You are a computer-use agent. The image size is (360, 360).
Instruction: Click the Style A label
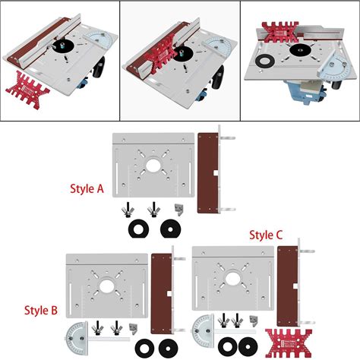click(x=87, y=189)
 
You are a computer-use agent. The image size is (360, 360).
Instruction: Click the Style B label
click(x=41, y=311)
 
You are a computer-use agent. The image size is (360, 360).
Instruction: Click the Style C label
click(x=266, y=235)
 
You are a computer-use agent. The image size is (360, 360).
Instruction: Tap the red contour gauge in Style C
click(x=289, y=343)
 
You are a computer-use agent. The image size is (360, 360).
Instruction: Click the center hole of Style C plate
click(x=231, y=279)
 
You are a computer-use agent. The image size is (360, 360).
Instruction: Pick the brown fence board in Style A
click(x=207, y=173)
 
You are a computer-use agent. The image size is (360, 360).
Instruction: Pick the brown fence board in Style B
click(x=162, y=294)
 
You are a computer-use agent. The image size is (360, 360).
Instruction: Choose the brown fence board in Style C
click(x=287, y=286)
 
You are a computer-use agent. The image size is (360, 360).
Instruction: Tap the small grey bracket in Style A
click(x=179, y=210)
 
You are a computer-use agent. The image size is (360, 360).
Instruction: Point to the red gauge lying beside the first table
click(x=27, y=90)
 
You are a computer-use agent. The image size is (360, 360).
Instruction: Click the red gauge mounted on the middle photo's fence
click(x=162, y=55)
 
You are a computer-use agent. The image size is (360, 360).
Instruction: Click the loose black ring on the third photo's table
click(x=265, y=62)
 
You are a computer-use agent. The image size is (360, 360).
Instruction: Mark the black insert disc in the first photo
click(x=63, y=45)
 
